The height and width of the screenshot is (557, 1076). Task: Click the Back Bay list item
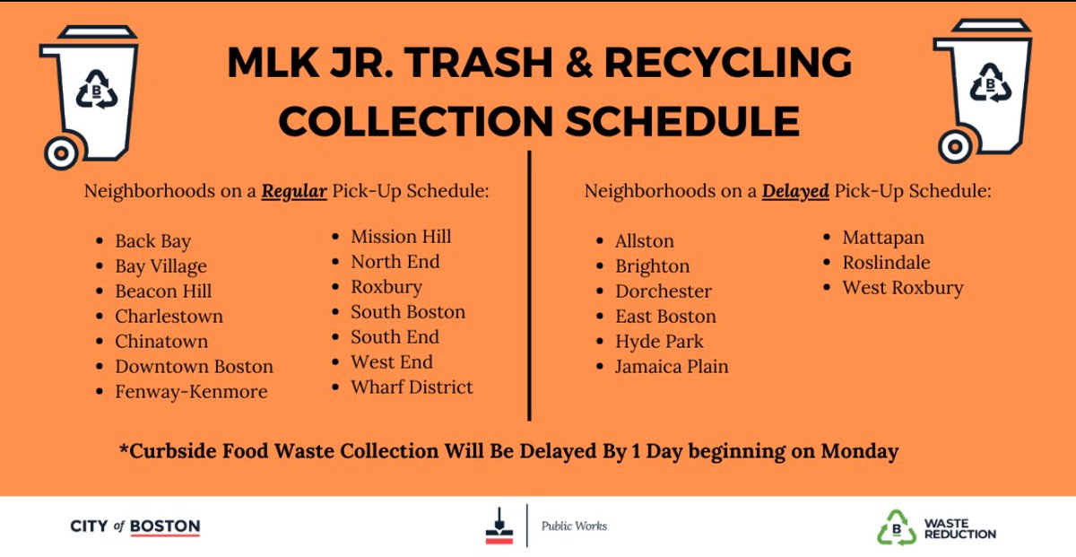coord(152,241)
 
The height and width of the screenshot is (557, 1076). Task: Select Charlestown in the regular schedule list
coord(169,317)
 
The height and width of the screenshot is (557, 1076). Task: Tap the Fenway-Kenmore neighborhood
coord(191,392)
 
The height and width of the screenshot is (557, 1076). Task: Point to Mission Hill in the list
coord(401,237)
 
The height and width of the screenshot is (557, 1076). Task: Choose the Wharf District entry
coord(412,387)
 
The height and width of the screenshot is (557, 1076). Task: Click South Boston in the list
coord(408,312)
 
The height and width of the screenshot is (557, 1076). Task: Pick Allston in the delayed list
coord(644,241)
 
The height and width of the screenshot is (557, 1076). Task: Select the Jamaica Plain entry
coord(672,367)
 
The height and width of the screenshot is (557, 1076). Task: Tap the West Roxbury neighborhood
coord(902,288)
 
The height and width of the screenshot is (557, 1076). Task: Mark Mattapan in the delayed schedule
coord(882,238)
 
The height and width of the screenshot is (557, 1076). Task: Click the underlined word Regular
coord(294,191)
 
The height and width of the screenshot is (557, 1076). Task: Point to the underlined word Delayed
coord(794,191)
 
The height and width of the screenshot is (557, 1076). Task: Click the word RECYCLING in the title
coord(728,63)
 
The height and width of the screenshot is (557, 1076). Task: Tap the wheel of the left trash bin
coord(61,152)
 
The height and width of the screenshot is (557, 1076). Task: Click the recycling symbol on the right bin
coord(991,86)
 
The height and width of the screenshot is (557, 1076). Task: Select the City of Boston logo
coord(134,527)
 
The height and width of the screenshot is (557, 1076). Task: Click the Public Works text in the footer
coord(574,527)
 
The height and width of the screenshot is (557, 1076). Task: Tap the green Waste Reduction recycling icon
coord(896,527)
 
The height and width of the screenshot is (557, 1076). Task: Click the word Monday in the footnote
coord(860,451)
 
